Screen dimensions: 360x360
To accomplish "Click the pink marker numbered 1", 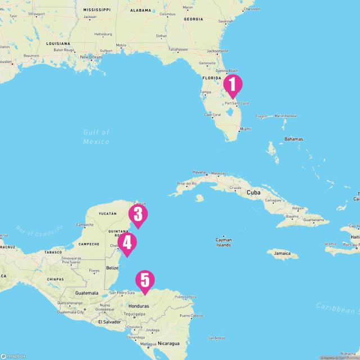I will tap(232, 85).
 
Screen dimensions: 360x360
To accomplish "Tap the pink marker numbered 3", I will tap(138, 214).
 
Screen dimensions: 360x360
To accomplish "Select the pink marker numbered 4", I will tap(128, 243).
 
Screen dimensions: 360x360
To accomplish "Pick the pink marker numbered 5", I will tap(145, 280).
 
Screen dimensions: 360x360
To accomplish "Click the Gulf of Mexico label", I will tap(96, 137).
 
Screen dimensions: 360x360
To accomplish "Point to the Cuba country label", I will tap(253, 192).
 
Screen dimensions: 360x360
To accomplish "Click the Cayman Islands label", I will tap(223, 243).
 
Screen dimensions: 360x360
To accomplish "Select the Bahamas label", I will tap(293, 139).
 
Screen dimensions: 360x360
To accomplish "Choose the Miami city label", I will tap(246, 129).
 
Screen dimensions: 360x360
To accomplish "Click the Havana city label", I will tap(199, 172).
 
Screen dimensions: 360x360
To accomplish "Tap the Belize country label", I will tap(112, 268).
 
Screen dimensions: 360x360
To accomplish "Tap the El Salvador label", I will tap(109, 322).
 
